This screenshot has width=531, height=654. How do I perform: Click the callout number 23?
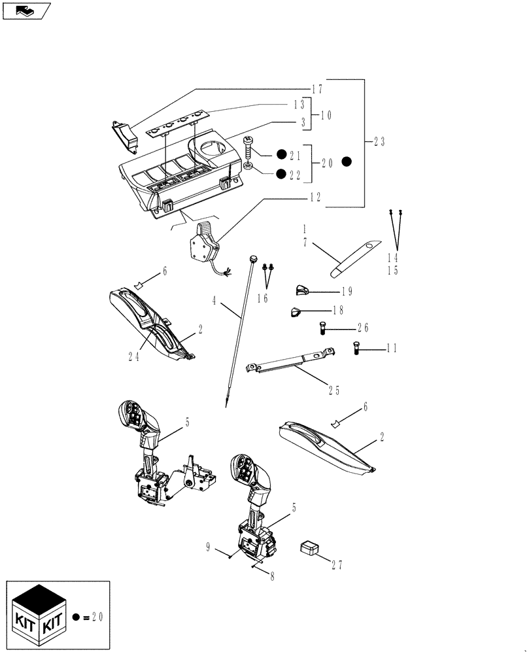379,141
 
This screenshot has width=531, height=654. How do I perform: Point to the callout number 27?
337,564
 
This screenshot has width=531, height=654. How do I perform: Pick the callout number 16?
263,298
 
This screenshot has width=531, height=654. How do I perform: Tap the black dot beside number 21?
281,154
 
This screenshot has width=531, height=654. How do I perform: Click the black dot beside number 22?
281,173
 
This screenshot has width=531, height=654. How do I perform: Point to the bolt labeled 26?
322,328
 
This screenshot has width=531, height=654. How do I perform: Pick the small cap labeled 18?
296,312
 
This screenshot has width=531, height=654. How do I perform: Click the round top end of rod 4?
252,259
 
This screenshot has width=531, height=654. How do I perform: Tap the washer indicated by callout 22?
249,166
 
